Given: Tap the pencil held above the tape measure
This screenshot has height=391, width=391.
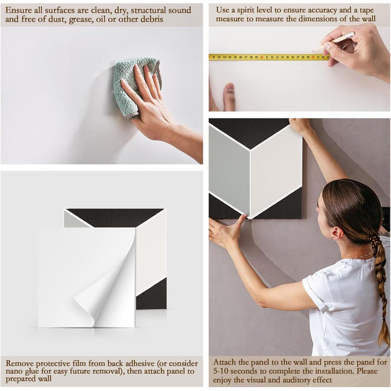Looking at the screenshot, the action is tap(333, 40).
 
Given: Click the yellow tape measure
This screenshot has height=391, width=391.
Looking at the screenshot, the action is tap(269, 57).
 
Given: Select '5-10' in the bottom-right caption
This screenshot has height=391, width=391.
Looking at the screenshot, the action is tap(221, 371).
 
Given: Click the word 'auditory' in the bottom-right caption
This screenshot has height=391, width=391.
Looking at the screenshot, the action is tap(291, 380).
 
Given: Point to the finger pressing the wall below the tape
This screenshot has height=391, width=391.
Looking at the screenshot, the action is tap(230, 96).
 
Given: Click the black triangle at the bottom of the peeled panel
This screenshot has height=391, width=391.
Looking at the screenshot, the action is tap(151, 295).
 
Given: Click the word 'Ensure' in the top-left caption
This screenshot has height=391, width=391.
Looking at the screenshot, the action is tap(18, 11).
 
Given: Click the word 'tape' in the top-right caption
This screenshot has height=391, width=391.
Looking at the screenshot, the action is tap(366, 11).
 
